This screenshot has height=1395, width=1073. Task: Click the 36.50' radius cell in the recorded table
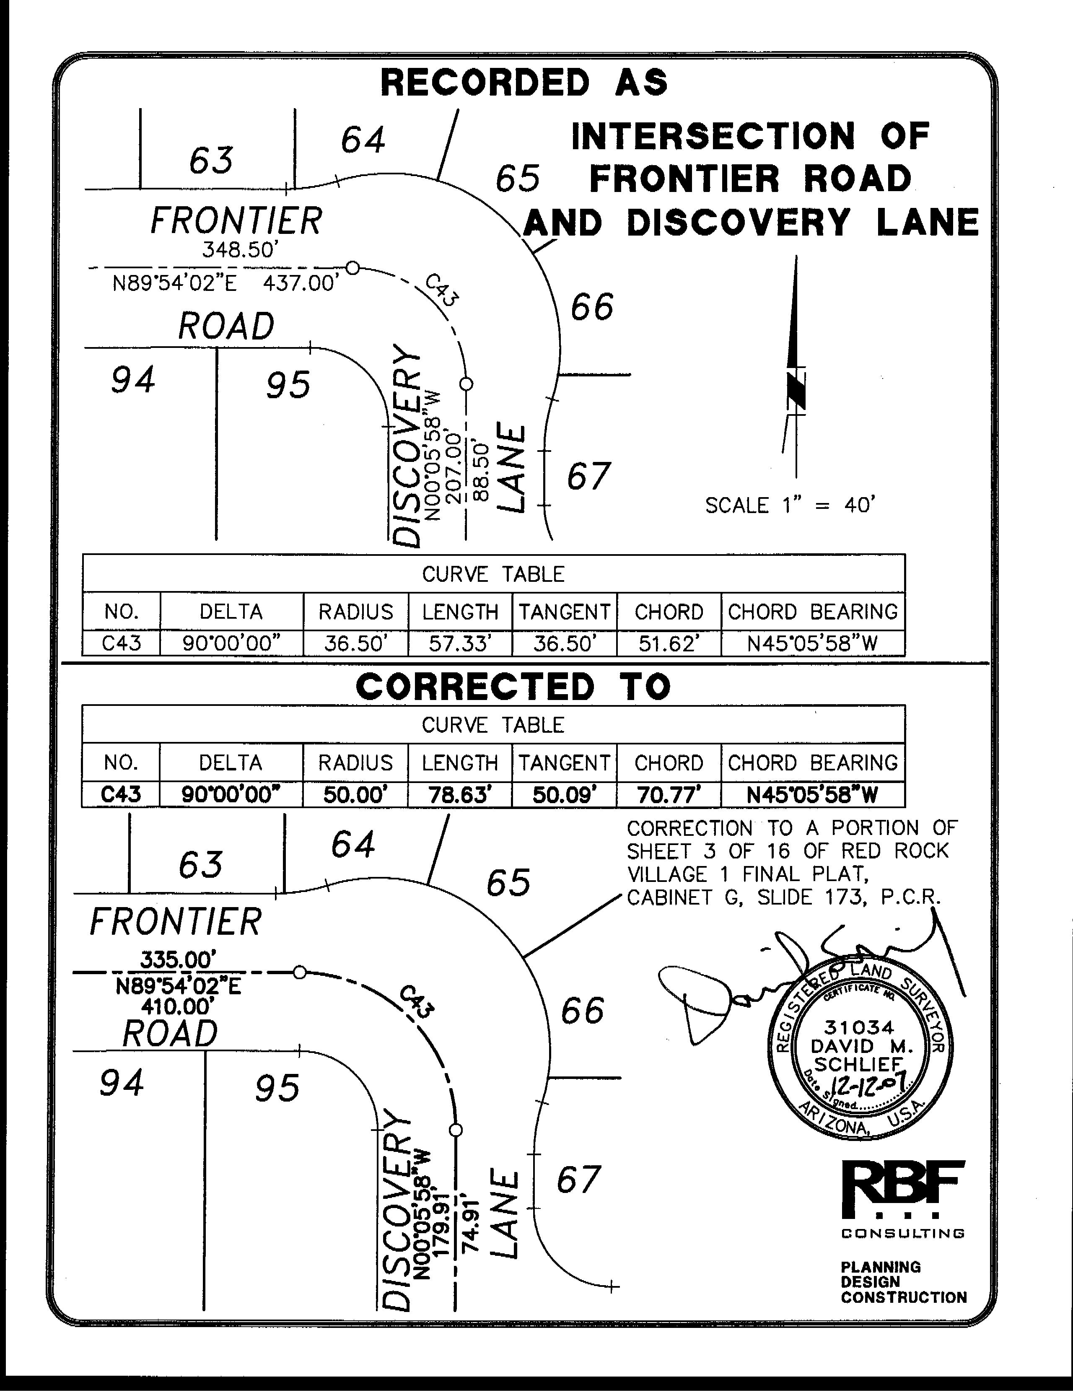pos(356,643)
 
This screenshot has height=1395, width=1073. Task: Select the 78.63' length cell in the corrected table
pos(460,795)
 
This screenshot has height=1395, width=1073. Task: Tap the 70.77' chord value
pos(669,795)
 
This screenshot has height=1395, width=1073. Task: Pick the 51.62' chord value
pos(669,643)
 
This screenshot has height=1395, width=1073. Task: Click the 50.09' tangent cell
pos(565,795)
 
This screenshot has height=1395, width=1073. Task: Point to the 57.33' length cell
pos(460,643)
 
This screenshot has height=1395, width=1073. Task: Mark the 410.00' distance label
pos(178,1007)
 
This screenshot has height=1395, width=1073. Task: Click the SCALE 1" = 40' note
pos(789,505)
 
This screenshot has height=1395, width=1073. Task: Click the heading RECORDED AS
pos(524,83)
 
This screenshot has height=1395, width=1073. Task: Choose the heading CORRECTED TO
pos(513,687)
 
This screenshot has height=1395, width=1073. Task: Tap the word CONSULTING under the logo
pos(902,1233)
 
